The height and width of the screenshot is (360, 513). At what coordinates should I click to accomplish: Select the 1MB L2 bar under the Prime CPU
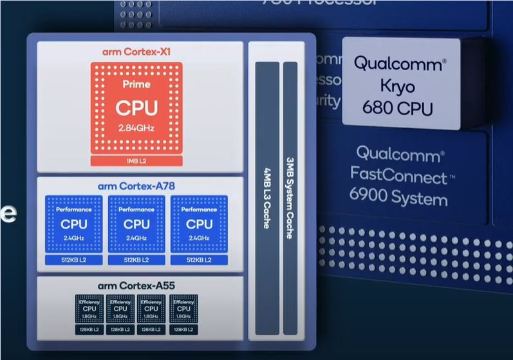(x=136, y=160)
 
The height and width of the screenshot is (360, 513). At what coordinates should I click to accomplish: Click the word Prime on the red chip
(x=136, y=84)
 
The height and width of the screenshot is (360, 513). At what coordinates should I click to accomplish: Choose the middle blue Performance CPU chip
(x=136, y=224)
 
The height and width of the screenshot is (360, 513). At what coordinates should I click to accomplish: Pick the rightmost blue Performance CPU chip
(x=200, y=224)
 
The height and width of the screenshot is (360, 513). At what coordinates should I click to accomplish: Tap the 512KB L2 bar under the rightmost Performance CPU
(x=200, y=260)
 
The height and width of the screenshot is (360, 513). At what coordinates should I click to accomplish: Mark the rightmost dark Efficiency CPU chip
(x=183, y=309)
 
